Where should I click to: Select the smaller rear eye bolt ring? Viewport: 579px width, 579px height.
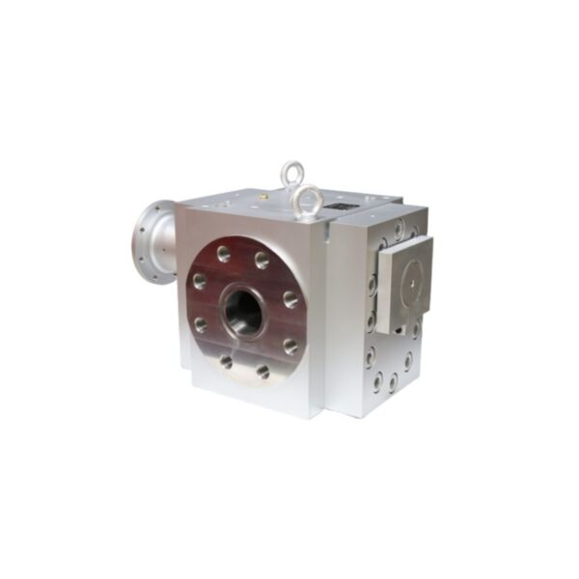coord(290,173)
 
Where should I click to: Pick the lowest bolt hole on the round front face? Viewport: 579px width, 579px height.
coord(262,370)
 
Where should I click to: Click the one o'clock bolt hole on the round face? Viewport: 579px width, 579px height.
coord(262,259)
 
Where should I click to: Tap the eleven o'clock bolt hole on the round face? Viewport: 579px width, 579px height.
coord(223,254)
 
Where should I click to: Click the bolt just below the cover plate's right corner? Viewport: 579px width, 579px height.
coord(416,329)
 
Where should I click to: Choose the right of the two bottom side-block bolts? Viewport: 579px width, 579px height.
coord(394,381)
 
